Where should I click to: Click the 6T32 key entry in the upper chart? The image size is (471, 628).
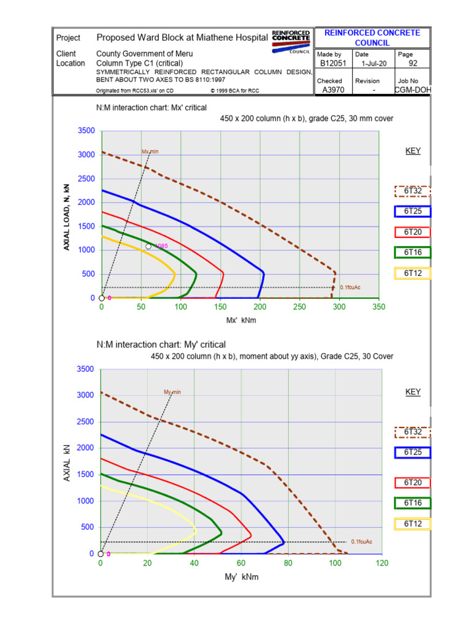pos(413,191)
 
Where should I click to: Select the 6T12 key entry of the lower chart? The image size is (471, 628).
pos(413,524)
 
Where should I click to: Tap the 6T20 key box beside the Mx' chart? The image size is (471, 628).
pos(413,232)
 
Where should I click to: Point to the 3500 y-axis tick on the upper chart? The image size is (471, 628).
pos(86,131)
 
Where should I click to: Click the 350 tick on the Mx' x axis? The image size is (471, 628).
pos(378,307)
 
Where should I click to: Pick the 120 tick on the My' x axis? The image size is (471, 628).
pos(381,563)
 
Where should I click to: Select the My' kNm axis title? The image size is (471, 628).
pos(242,577)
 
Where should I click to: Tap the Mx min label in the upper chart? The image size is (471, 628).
pos(150,151)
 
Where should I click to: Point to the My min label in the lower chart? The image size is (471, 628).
pos(172,392)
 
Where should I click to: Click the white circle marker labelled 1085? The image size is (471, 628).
pos(148,246)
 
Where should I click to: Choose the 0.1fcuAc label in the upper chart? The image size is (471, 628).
pos(350,287)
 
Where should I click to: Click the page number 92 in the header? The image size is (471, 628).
pos(412,63)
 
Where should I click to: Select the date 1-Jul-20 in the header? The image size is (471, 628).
pos(373,63)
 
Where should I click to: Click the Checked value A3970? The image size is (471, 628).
pos(333,90)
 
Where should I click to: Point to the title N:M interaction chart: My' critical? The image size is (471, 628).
pos(161,345)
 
